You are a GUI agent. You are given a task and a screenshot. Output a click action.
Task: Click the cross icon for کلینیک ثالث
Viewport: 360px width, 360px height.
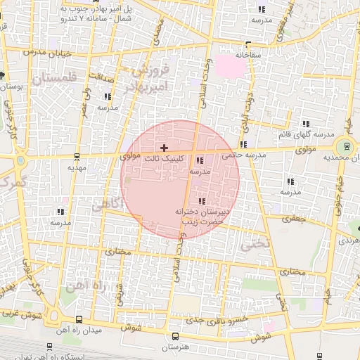164,148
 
